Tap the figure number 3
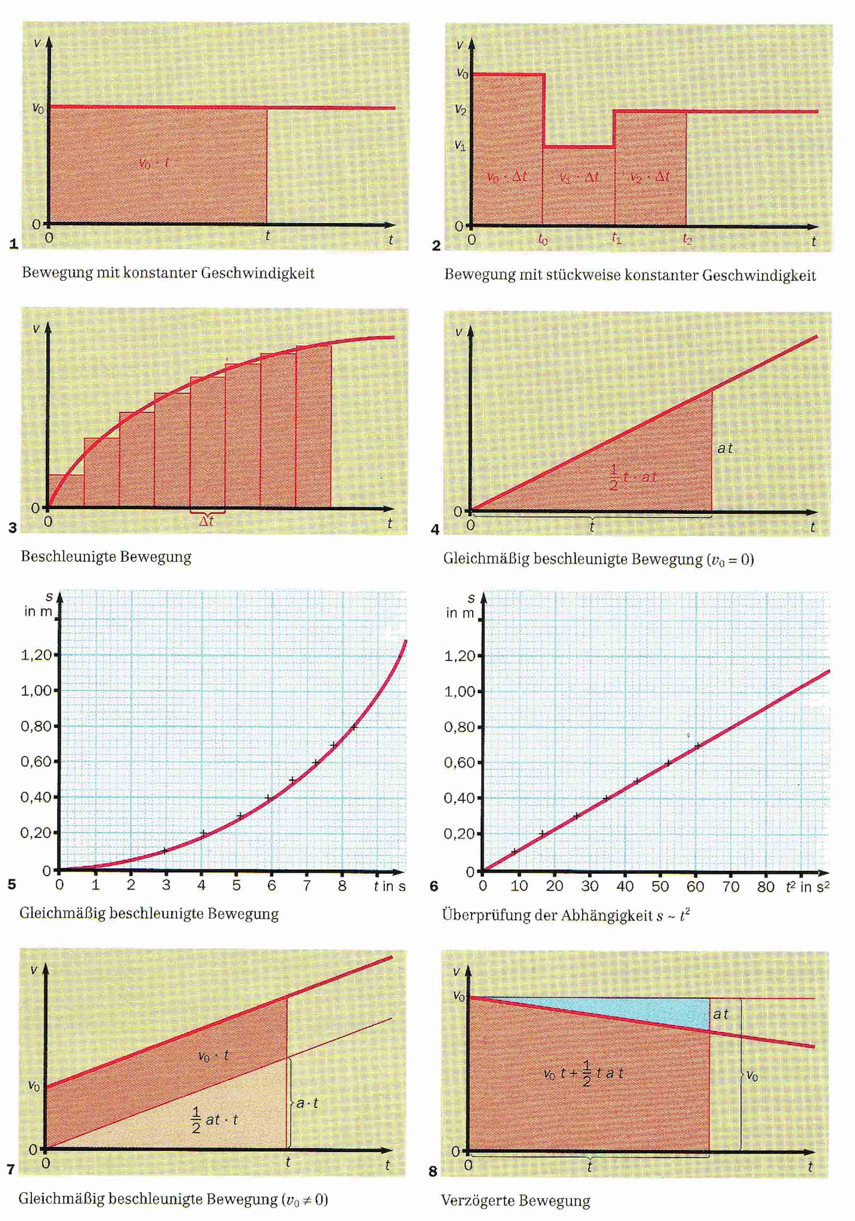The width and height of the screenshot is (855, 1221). pos(13,528)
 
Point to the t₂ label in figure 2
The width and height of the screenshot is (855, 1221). pos(687,240)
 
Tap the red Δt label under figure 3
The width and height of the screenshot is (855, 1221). pos(206,521)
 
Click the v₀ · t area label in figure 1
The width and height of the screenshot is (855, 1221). pos(154,163)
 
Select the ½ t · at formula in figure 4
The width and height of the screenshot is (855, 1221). pos(632,477)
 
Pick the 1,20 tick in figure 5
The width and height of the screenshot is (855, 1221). pos(36,654)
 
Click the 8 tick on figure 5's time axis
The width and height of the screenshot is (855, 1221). pos(342,885)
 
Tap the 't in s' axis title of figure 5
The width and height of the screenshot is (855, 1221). pos(389,886)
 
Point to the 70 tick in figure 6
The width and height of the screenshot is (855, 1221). pos(731,886)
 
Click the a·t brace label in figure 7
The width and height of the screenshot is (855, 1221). pos(307,1103)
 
